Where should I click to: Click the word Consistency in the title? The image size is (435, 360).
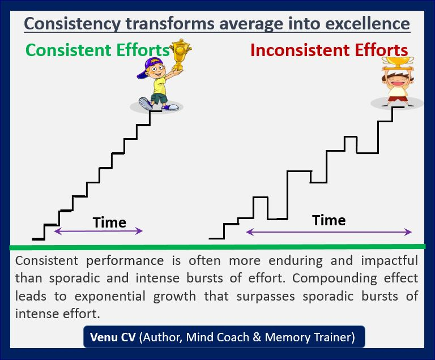pos(72,24)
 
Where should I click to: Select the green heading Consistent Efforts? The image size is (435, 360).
pos(97,50)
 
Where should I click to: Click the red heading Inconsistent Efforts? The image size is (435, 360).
pos(329,50)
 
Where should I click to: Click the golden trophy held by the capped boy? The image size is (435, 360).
pos(180,54)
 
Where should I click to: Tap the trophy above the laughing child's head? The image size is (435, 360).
pos(398,63)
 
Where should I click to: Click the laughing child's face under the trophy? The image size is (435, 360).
pos(398,81)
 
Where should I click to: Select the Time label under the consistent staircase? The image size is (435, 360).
pos(109,222)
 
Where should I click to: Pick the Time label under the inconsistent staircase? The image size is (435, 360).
pos(329,220)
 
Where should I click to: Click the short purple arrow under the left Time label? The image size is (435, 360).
pos(98,231)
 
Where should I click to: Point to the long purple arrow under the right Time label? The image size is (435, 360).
pos(329,232)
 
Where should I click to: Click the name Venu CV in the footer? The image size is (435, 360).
pos(113,337)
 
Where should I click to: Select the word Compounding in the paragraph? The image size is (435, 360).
pos(334,278)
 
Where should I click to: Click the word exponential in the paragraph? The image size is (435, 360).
pos(110,297)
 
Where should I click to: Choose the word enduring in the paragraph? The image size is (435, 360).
pos(296,261)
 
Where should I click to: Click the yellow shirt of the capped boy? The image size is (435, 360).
pos(159,85)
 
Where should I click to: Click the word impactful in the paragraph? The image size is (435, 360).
pos(390,261)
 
